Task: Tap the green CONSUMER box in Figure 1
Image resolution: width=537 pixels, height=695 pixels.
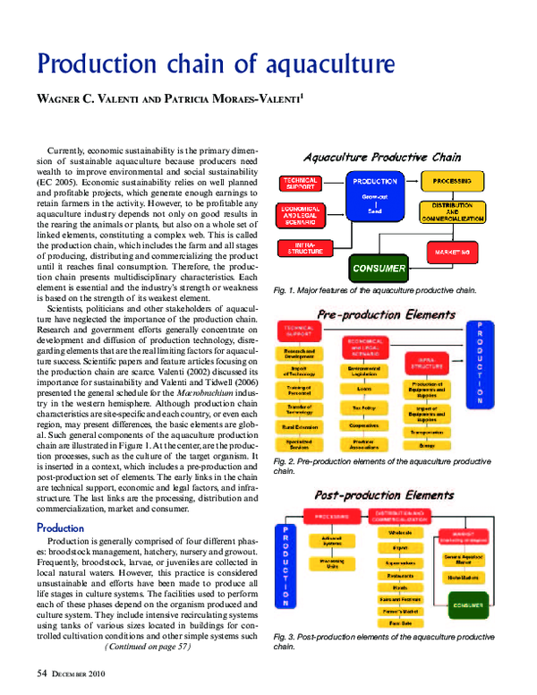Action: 379,268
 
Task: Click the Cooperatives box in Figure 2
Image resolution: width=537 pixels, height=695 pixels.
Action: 362,425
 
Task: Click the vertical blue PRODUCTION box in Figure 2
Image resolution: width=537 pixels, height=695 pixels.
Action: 480,364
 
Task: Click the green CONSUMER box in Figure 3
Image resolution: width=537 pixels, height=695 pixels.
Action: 467,605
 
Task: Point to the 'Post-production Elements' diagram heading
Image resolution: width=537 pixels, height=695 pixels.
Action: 385,494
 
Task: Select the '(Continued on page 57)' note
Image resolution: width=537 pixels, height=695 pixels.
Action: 148,645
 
